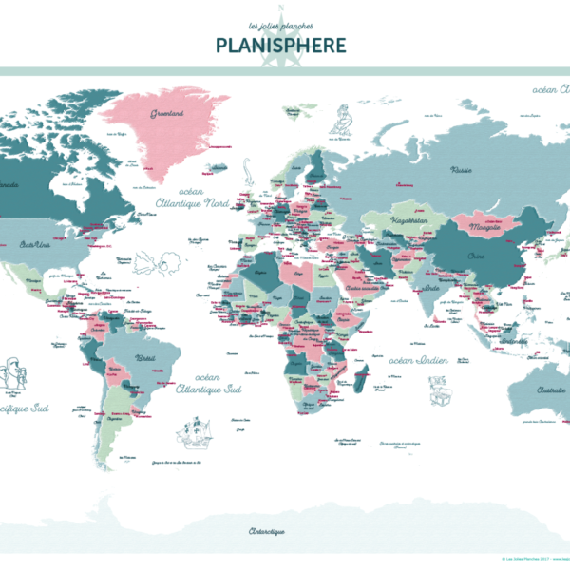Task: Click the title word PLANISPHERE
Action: [x=281, y=45]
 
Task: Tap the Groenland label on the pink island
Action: [x=166, y=113]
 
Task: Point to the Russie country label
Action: [x=463, y=171]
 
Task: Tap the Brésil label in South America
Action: [x=147, y=358]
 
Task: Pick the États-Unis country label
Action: [x=35, y=244]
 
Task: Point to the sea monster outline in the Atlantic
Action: [x=153, y=260]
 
